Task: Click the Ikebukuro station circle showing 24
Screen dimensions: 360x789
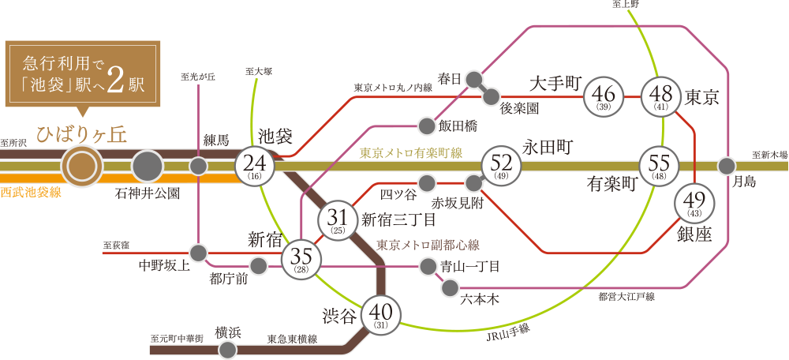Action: pyautogui.click(x=254, y=166)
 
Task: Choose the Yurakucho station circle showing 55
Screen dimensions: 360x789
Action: pyautogui.click(x=659, y=166)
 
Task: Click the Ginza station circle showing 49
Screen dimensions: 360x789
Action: pyautogui.click(x=694, y=204)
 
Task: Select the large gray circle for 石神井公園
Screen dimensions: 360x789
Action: pyautogui.click(x=148, y=167)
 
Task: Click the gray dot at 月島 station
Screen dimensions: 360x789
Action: pyautogui.click(x=727, y=166)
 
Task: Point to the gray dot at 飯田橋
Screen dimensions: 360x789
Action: pyautogui.click(x=427, y=126)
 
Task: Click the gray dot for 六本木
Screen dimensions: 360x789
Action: pyautogui.click(x=450, y=288)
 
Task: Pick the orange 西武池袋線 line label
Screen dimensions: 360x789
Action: pyautogui.click(x=31, y=192)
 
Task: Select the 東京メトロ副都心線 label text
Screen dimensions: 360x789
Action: pyautogui.click(x=428, y=245)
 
